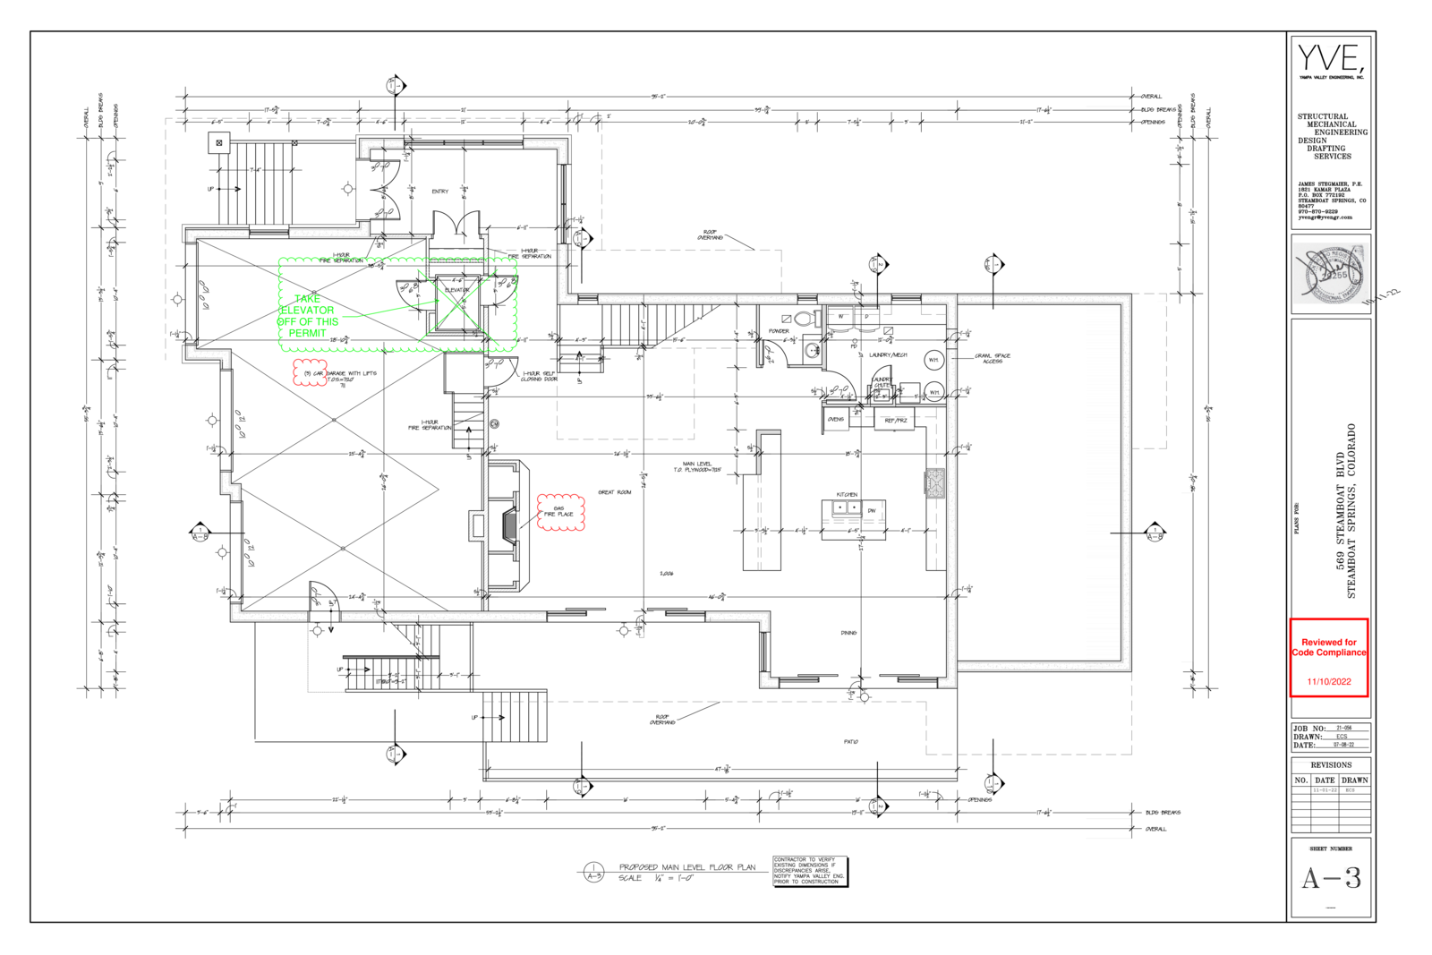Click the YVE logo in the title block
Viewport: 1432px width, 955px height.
pos(1331,60)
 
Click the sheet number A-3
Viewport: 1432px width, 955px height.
pos(1331,879)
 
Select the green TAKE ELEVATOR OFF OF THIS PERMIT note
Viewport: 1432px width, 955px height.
pos(308,316)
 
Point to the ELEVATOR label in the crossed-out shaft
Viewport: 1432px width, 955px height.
pos(456,290)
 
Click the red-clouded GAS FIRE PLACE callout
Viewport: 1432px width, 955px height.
pos(559,512)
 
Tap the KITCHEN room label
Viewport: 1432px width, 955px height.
pos(847,494)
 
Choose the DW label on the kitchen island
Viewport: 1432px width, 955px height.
pos(871,511)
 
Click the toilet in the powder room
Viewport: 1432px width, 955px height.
pos(804,319)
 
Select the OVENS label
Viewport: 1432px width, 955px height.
pos(836,419)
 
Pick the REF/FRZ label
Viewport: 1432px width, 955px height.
pos(895,420)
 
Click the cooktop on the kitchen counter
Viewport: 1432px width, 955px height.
pos(935,482)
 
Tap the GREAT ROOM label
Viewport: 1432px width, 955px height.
pos(615,492)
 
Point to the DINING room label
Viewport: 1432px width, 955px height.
pos(848,633)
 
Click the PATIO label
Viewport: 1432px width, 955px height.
pos(850,741)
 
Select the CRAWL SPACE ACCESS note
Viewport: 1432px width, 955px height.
pos(992,358)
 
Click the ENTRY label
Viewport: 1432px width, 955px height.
pos(440,192)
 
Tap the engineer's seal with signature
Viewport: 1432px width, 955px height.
pos(1331,273)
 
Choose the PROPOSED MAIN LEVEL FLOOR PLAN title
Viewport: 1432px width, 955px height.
pos(686,867)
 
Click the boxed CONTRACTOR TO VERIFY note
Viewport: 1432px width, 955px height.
pos(809,871)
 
